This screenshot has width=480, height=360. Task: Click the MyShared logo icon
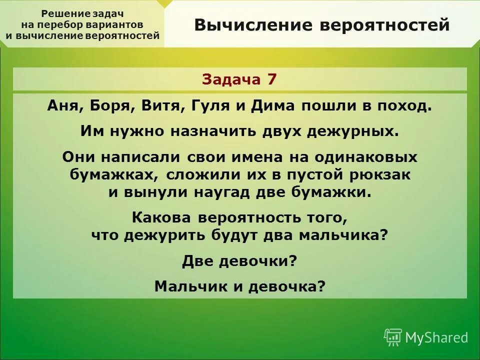[392, 337]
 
